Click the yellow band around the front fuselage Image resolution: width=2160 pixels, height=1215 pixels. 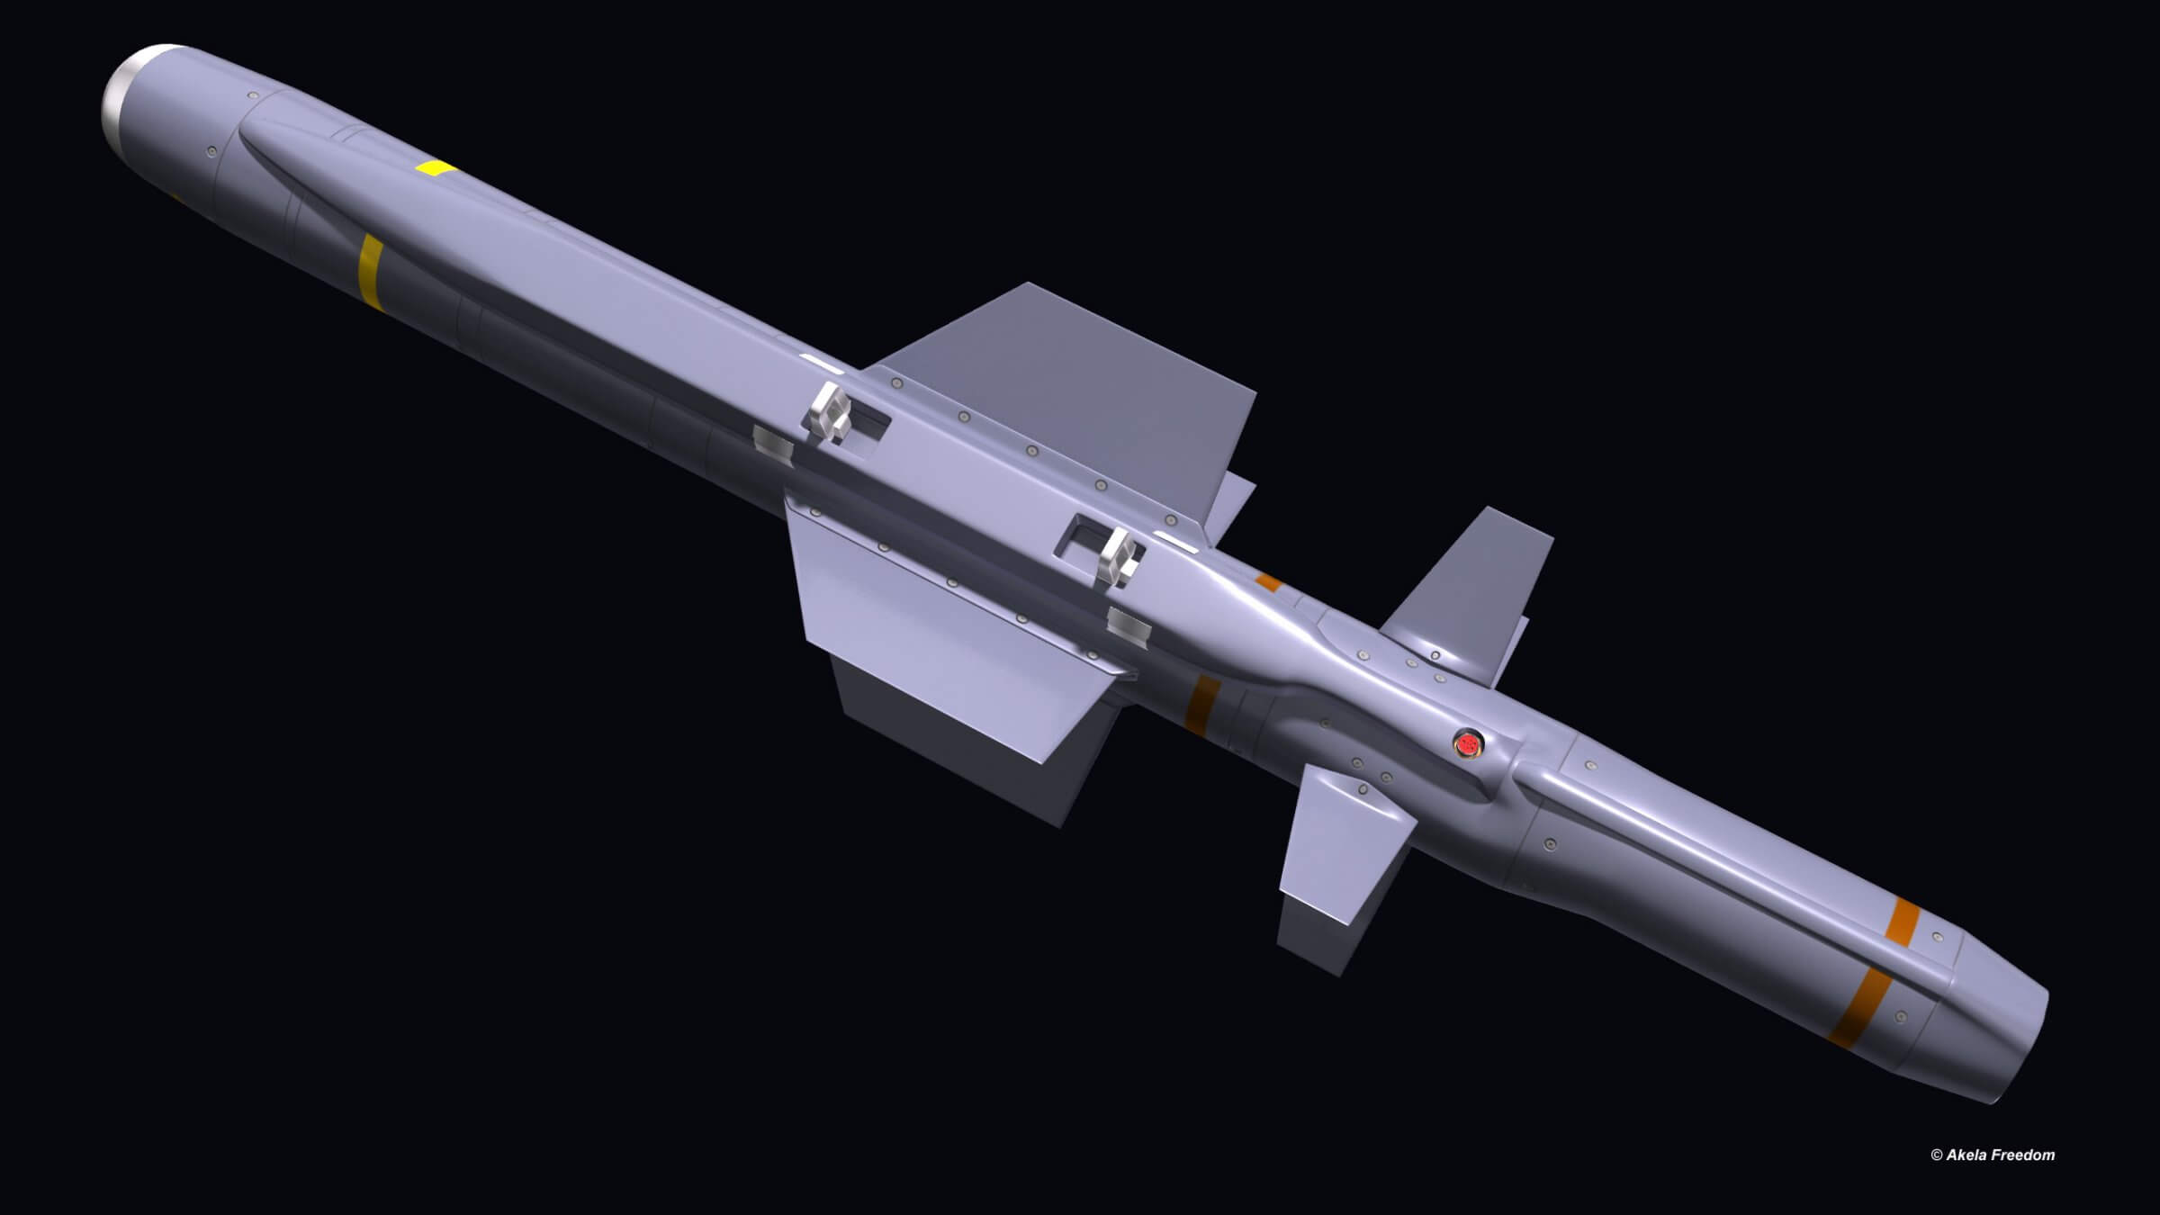click(370, 270)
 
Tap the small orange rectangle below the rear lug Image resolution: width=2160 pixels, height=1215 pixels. click(1269, 582)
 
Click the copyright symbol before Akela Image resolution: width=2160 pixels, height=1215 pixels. click(1936, 1156)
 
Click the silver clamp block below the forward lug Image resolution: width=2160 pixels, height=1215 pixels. click(774, 444)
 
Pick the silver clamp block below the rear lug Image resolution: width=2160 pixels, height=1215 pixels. click(1129, 627)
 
